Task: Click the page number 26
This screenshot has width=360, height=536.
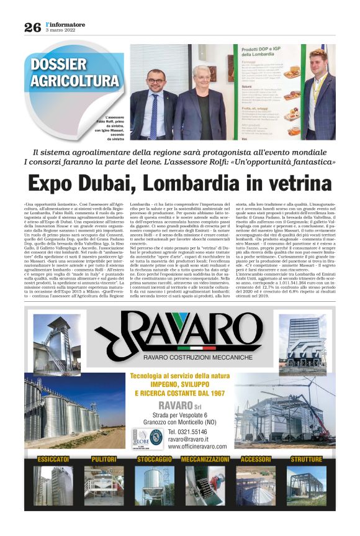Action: click(32, 27)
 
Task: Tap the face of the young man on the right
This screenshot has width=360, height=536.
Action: click(320, 63)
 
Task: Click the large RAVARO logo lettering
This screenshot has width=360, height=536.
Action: click(186, 334)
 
